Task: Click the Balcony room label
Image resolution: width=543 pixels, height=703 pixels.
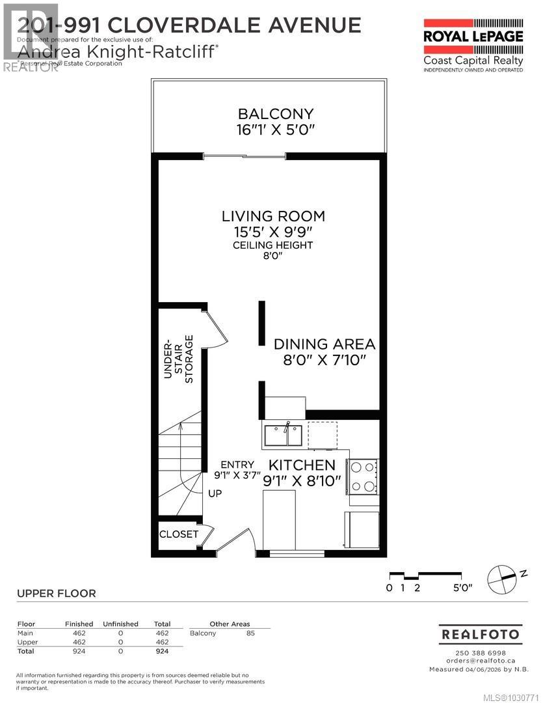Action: tap(276, 114)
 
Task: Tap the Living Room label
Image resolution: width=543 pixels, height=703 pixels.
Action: tap(273, 216)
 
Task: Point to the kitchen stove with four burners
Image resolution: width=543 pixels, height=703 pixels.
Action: tap(364, 476)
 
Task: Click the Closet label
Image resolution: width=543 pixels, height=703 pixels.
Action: tap(179, 534)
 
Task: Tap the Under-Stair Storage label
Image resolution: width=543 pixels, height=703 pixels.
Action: tap(178, 359)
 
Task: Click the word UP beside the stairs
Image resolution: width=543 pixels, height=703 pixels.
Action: tap(215, 493)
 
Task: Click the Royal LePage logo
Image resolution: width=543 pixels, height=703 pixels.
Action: tap(473, 44)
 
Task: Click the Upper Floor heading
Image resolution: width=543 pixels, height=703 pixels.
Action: tap(56, 593)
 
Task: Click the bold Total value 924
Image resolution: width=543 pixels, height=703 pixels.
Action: tap(162, 651)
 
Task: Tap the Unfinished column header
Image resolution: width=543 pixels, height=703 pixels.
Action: tap(120, 624)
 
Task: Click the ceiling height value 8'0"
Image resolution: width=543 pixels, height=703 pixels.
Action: tap(273, 256)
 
